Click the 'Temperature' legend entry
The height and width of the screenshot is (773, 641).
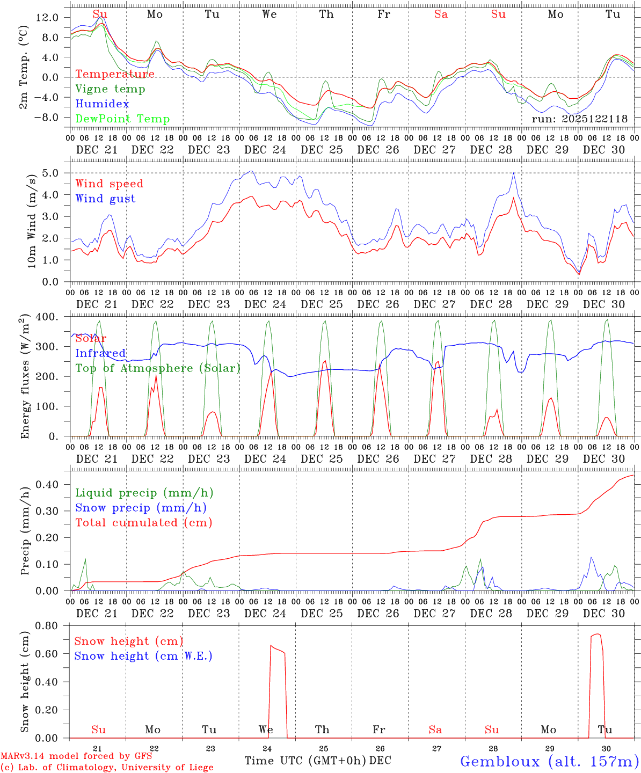pos(114,74)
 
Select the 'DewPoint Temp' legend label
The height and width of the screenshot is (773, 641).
pos(122,119)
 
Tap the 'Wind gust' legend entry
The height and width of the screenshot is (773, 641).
pos(105,199)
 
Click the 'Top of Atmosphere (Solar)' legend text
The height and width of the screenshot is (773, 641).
pos(157,368)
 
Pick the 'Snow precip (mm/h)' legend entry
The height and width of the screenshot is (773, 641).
pos(141,508)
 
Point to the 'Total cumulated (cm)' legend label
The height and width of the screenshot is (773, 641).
pos(143,522)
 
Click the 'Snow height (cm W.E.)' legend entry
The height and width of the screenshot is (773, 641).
pos(143,656)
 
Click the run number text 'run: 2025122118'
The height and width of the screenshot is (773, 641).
pos(579,119)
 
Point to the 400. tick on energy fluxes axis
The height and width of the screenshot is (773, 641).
pos(48,317)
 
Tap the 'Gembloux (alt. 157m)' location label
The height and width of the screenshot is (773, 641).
pos(549,761)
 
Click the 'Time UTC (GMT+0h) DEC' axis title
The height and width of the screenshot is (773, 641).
pos(317,761)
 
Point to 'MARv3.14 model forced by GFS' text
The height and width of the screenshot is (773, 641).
pos(76,756)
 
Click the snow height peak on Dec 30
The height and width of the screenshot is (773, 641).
pos(597,634)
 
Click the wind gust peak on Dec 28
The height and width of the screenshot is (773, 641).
pos(514,173)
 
